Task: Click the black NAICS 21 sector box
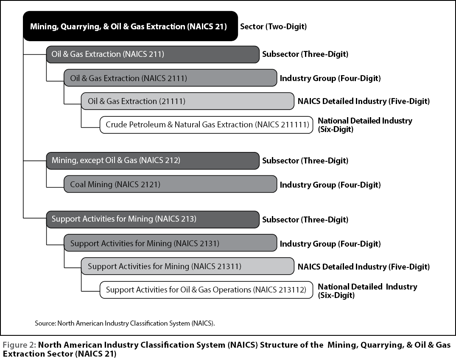click(131, 26)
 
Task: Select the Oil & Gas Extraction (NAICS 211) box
click(153, 54)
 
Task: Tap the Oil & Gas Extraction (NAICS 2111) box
click(171, 78)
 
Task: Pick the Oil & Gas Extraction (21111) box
click(187, 101)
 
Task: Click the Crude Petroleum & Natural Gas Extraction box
click(207, 125)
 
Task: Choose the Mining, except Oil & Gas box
click(153, 160)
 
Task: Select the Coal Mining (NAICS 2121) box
click(171, 184)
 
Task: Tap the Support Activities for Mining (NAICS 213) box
click(153, 219)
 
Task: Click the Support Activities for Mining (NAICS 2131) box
click(171, 243)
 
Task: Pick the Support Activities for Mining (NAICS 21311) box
click(187, 266)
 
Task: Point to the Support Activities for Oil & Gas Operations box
click(207, 290)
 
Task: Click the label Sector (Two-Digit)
click(273, 27)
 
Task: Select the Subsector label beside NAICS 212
click(305, 160)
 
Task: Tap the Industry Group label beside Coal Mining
click(330, 185)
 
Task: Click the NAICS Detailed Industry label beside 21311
click(364, 267)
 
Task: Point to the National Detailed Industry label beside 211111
click(365, 125)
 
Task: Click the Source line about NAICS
click(125, 323)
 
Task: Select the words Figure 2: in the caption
click(20, 345)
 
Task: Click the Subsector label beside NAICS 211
click(305, 54)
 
